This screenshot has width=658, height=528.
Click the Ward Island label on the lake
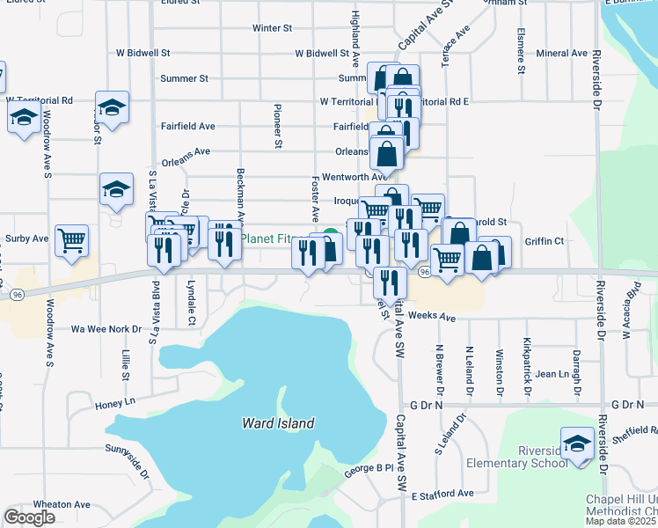tap(278, 423)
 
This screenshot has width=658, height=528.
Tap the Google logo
tap(29, 517)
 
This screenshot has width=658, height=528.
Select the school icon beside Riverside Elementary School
tap(578, 443)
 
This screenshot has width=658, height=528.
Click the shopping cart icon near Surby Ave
tap(71, 239)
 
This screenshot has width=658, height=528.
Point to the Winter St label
tap(272, 28)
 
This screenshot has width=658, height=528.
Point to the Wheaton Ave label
tap(63, 504)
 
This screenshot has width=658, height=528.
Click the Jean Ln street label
tap(552, 374)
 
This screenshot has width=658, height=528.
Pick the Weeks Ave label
tap(432, 316)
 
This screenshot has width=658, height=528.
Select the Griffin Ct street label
tap(545, 241)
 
